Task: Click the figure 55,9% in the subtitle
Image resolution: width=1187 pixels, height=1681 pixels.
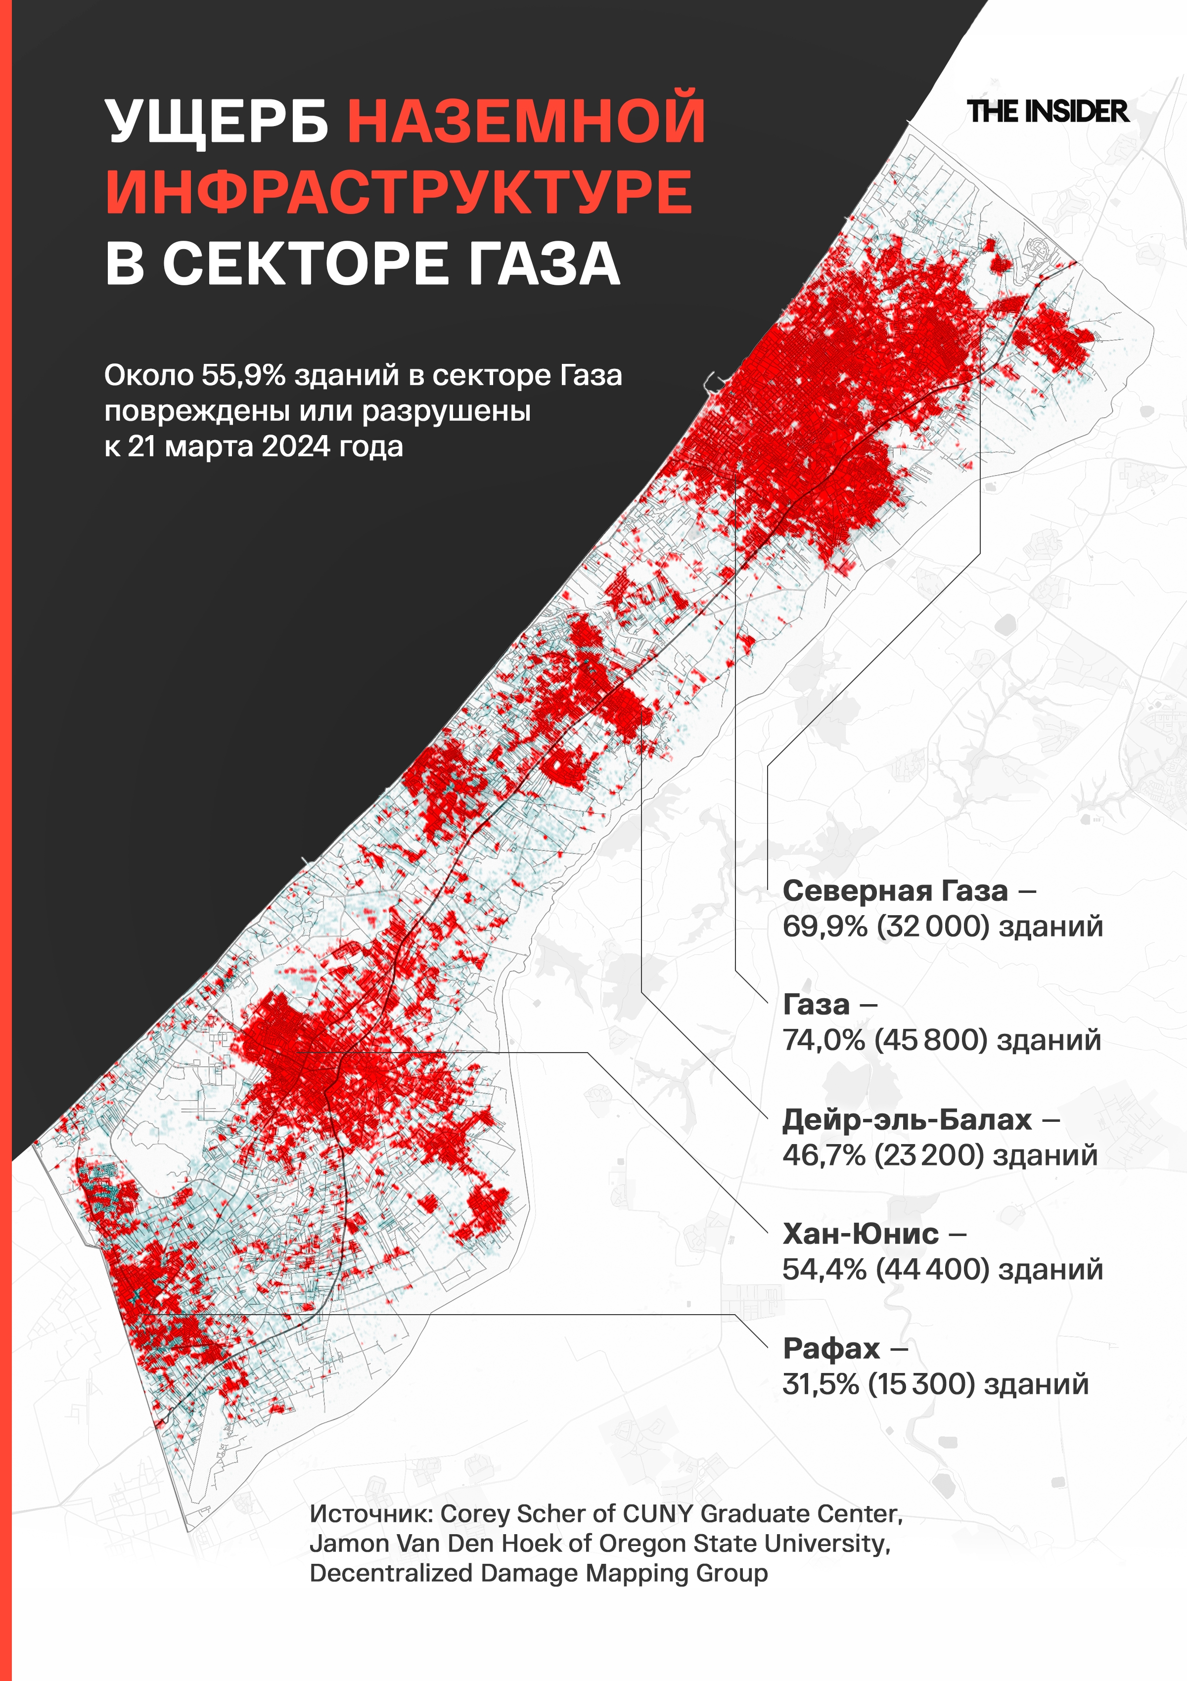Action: (244, 376)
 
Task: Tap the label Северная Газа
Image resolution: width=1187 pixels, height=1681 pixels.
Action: (895, 891)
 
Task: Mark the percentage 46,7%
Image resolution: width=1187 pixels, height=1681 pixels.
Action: (824, 1155)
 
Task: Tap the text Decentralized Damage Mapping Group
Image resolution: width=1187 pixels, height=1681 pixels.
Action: (538, 1573)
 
